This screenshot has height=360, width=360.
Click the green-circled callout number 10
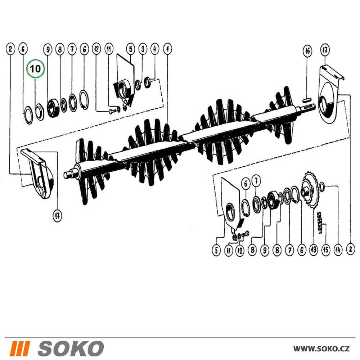pos(35,68)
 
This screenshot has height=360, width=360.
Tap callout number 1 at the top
pos(167,49)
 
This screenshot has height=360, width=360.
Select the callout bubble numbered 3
pos(143,49)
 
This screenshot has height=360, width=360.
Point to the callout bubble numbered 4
pos(155,49)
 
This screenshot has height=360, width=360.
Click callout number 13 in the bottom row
pos(314,249)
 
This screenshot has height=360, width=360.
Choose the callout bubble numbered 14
pos(338,249)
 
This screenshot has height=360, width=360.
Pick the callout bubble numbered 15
pos(325,249)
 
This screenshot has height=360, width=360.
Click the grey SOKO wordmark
pos(70,348)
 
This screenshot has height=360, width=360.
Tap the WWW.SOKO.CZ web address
pos(321,348)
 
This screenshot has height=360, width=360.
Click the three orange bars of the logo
pos(20,348)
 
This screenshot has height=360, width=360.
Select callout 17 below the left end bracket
pos(57,216)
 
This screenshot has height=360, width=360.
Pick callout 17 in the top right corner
pos(325,50)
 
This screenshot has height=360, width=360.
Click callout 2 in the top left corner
pos(10,49)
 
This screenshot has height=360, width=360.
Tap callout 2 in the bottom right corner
pos(350,249)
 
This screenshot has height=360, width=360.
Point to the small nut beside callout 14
pos(321,185)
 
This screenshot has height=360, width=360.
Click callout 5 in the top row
pos(130,49)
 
